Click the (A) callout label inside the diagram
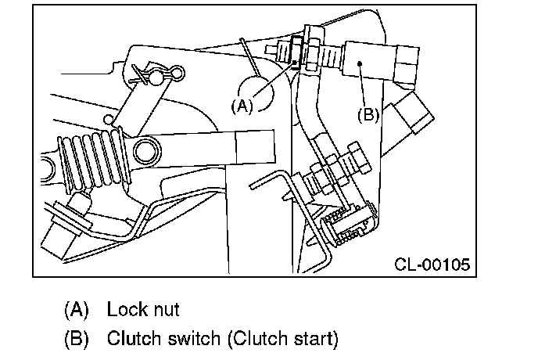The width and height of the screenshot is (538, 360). (242, 105)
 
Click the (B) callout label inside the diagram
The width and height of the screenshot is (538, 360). (368, 113)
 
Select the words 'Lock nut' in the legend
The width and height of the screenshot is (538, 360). (143, 309)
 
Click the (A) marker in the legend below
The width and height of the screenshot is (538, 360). (77, 309)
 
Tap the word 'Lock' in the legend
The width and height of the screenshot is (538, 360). (125, 309)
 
